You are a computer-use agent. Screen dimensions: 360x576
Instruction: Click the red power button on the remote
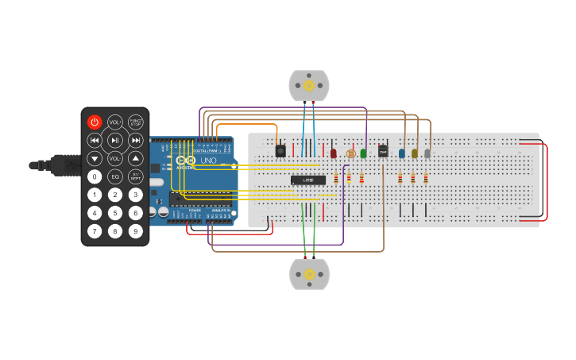[x=95, y=122]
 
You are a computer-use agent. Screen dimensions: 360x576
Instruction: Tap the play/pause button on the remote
[x=115, y=141]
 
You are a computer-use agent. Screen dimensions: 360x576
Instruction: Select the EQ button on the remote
[x=115, y=176]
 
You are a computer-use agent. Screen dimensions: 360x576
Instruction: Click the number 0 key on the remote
[x=95, y=176]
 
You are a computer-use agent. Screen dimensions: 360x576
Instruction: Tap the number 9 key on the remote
[x=136, y=231]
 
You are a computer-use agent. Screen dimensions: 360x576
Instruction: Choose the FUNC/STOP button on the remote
[x=136, y=122]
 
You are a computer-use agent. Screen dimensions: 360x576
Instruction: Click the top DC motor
[x=308, y=85]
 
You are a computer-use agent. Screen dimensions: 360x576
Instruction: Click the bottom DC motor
[x=309, y=273]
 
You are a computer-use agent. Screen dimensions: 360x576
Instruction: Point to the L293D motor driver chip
[x=308, y=180]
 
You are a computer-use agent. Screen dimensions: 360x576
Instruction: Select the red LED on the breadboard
[x=334, y=153]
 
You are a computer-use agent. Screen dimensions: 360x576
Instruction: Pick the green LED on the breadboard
[x=363, y=153]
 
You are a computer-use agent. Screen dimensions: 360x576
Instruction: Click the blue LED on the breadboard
[x=402, y=153]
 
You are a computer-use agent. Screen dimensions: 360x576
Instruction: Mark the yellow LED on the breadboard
[x=415, y=153]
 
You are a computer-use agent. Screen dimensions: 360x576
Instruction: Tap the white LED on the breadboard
[x=427, y=153]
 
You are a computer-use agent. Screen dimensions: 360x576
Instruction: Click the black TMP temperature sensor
[x=383, y=151]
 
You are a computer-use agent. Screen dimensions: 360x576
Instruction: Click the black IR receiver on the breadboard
[x=280, y=150]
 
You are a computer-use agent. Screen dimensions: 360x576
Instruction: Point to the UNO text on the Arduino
[x=208, y=161]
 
